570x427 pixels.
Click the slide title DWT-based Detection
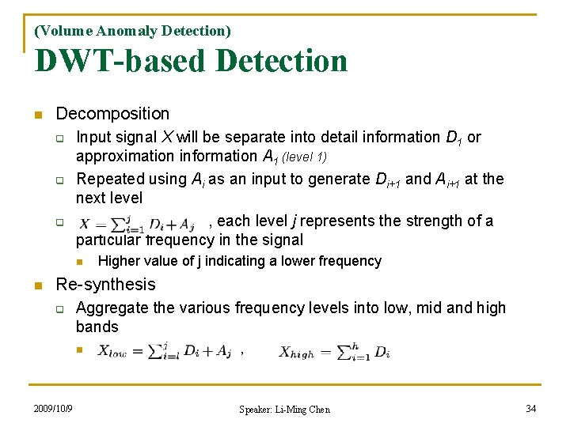tap(191, 61)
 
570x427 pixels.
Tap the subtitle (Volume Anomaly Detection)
tap(132, 31)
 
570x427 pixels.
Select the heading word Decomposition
tap(112, 114)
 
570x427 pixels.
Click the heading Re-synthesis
tap(106, 284)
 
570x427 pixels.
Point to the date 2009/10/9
tap(53, 409)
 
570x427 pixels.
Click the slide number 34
tap(531, 408)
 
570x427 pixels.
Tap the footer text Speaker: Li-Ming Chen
tap(284, 409)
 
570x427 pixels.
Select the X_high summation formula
tap(334, 352)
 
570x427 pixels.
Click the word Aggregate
tap(112, 308)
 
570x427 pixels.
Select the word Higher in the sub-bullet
tap(118, 261)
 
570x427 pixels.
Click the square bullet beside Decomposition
tap(38, 115)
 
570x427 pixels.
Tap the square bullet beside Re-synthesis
tap(38, 285)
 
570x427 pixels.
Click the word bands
tap(97, 327)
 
